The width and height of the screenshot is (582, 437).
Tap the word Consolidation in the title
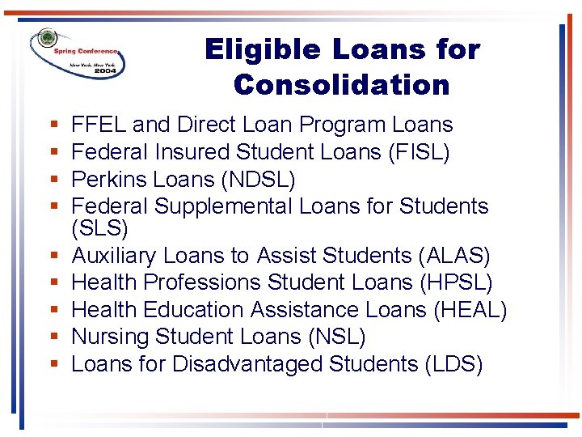tap(341, 84)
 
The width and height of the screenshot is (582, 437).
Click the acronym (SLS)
tap(99, 229)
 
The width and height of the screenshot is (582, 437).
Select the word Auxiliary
tap(114, 257)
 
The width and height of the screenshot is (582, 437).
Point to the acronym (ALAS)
tap(454, 257)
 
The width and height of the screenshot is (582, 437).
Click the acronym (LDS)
tap(453, 364)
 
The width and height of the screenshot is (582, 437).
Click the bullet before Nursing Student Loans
tap(53, 337)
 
